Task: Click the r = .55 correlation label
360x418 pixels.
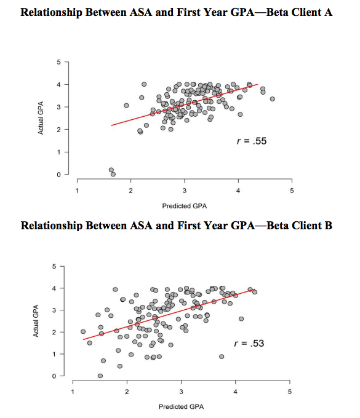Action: [252, 141]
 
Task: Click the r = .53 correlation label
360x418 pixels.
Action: [249, 343]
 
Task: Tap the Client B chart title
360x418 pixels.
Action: [177, 226]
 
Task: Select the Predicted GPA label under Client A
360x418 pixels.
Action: [184, 205]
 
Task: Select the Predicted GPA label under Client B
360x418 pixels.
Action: [180, 406]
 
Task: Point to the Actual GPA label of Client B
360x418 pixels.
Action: [37, 321]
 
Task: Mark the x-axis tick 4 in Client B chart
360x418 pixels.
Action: [235, 392]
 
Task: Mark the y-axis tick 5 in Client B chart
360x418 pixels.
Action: [55, 266]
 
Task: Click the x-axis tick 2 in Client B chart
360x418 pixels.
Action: [127, 392]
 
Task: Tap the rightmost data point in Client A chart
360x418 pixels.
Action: [272, 99]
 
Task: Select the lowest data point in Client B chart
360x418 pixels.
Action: [100, 376]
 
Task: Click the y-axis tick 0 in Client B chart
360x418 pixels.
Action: [55, 376]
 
